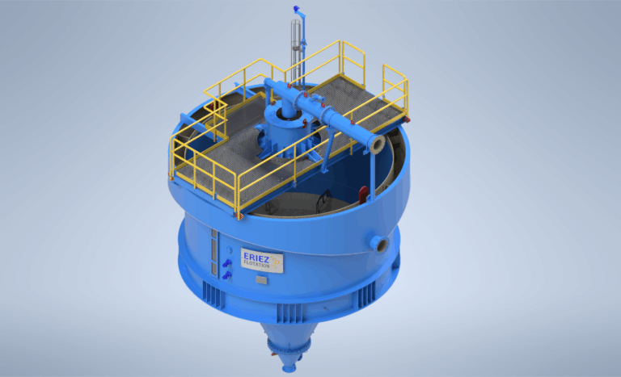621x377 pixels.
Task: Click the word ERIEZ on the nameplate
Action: tap(256, 254)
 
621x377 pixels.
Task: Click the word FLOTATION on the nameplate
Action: tap(256, 263)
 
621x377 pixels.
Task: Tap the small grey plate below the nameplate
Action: tap(261, 279)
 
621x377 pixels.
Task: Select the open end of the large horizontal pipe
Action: tap(377, 144)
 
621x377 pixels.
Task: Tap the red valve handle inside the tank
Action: tap(364, 193)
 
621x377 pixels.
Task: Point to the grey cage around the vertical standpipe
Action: tap(296, 36)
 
